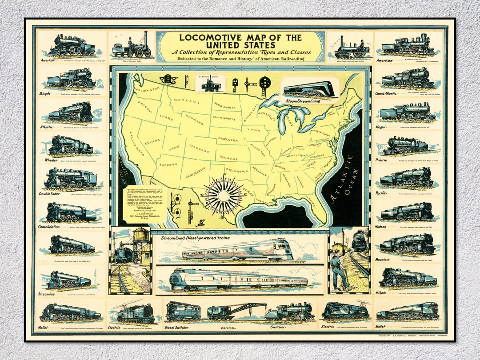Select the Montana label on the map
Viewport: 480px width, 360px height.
(185, 102)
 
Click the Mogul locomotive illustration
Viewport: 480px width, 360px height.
(407, 112)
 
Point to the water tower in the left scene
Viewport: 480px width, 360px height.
(141, 240)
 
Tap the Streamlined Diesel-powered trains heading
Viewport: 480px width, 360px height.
(196, 238)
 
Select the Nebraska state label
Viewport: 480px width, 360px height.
(228, 140)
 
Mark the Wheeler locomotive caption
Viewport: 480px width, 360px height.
(51, 160)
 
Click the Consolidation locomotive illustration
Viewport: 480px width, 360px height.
(71, 212)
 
